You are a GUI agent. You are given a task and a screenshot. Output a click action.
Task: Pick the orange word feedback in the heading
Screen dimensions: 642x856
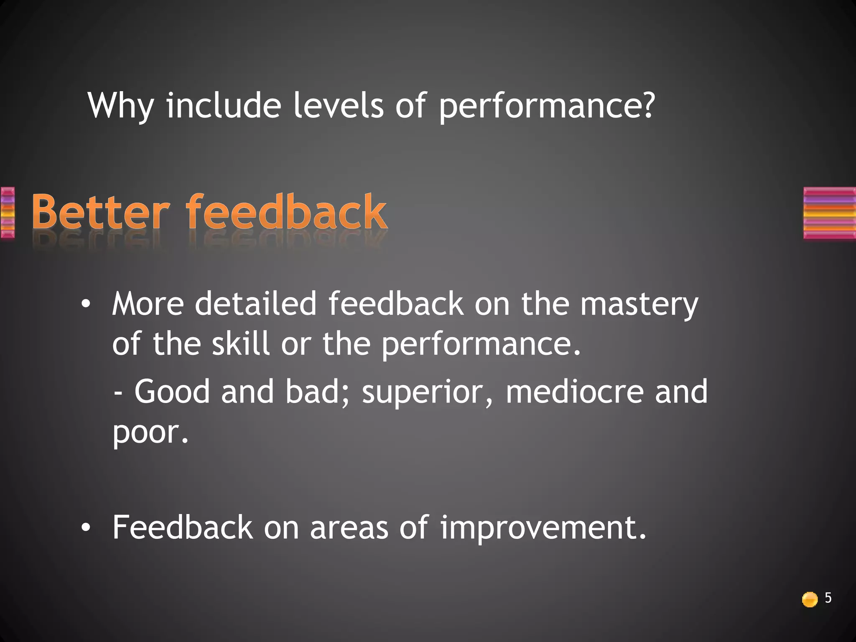(286, 212)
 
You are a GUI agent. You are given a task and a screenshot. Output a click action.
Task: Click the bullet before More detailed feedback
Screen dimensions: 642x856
(86, 305)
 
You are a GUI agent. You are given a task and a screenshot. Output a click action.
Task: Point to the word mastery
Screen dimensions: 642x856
(639, 305)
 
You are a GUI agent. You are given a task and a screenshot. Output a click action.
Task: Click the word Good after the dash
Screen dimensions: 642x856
(172, 392)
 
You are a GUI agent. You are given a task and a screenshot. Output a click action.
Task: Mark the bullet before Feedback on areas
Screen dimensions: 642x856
(86, 528)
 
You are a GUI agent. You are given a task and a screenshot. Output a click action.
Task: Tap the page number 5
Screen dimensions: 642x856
(828, 598)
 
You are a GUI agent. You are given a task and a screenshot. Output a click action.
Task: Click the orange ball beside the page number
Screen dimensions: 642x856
(810, 599)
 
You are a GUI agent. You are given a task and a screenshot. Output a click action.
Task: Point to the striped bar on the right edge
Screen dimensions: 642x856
(829, 213)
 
